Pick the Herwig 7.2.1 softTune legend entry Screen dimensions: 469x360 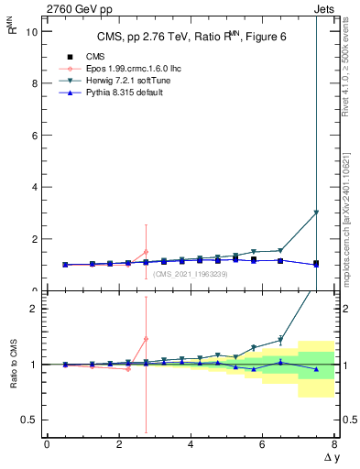click(114, 81)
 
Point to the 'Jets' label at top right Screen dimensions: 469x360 click(324, 8)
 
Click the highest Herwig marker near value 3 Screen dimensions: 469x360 click(316, 213)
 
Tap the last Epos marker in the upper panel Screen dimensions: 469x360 click(146, 252)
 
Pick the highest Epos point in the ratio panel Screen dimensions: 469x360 click(146, 339)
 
